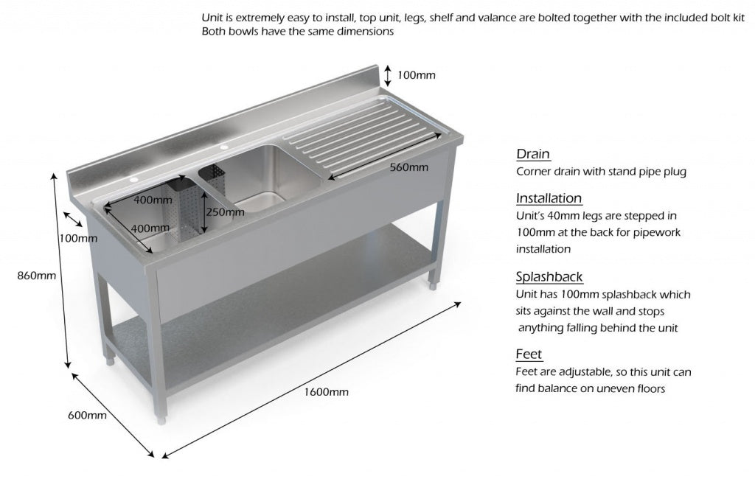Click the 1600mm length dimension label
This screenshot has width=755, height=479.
pos(326,391)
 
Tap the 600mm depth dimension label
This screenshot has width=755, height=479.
pos(87,415)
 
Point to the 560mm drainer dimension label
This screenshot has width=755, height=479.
pos(408,167)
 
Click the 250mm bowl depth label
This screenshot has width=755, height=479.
pos(218,211)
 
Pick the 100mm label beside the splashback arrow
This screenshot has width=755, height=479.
pos(417,74)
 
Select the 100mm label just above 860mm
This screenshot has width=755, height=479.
pos(77,238)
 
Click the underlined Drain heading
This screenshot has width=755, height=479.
pos(532,154)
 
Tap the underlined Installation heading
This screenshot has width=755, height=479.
pos(549,198)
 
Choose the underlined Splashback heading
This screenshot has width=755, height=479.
pos(549,277)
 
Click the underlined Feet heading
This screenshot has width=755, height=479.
pos(529,354)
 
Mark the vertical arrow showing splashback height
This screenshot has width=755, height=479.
pos(387,75)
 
